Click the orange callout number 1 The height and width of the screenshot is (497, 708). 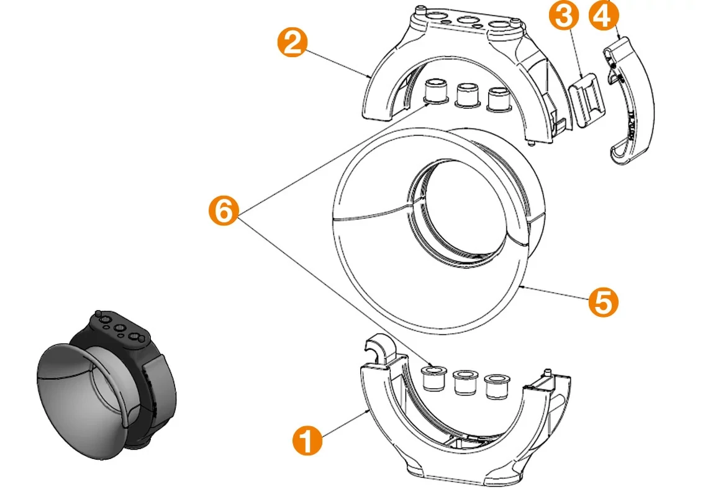(307, 440)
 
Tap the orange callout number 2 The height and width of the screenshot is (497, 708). (292, 42)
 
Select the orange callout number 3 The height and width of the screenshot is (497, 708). (563, 16)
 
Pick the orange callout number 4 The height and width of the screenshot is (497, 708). (604, 15)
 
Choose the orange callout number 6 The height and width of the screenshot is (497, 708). (224, 211)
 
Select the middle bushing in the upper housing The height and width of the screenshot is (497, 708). (467, 95)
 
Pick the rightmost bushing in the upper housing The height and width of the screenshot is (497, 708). (499, 99)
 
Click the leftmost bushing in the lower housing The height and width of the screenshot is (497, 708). (433, 378)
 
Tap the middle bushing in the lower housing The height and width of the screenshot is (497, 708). (465, 382)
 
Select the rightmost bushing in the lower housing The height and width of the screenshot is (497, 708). (496, 387)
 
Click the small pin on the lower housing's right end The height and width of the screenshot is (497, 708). (548, 373)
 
